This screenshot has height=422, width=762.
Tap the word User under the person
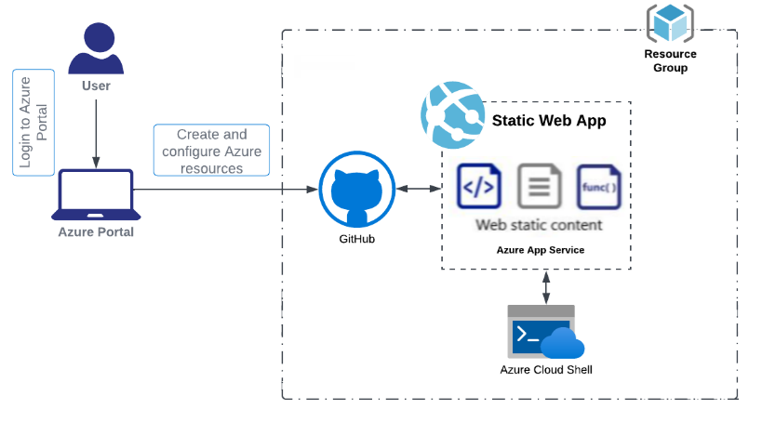(96, 86)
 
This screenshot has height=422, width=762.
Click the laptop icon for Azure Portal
(96, 194)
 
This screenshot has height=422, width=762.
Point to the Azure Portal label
(96, 231)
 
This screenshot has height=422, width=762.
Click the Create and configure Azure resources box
(211, 151)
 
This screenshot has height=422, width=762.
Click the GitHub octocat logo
(357, 191)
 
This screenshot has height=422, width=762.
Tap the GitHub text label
(357, 240)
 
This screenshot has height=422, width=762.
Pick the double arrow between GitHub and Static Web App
(419, 189)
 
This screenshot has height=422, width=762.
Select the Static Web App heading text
(548, 121)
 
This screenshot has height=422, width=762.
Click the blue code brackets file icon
(479, 187)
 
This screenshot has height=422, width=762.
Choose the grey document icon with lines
(539, 187)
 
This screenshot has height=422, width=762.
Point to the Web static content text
(539, 225)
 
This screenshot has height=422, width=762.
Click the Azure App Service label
(540, 250)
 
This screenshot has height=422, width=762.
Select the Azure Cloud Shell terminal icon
(543, 332)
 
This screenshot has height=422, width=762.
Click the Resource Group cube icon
(670, 23)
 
